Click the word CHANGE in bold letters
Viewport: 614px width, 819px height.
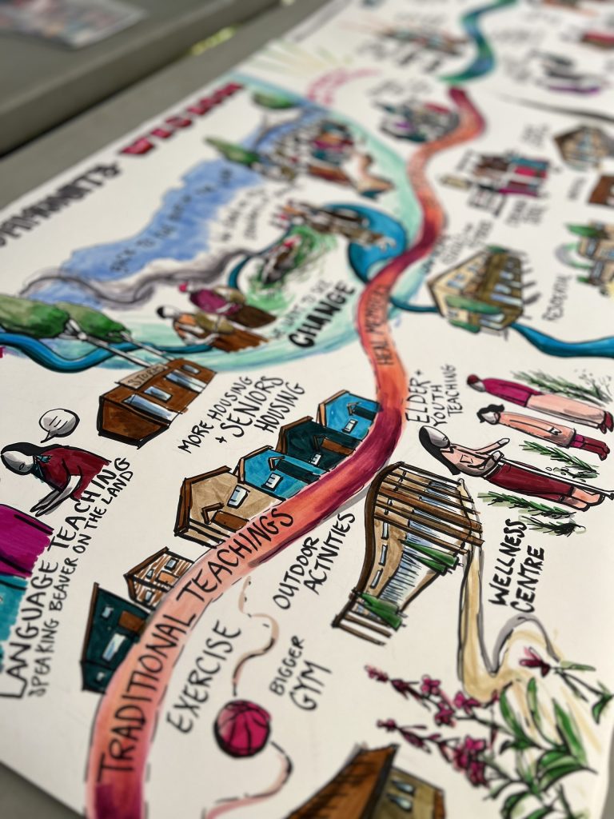(x=321, y=315)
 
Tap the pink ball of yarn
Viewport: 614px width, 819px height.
(x=242, y=728)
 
